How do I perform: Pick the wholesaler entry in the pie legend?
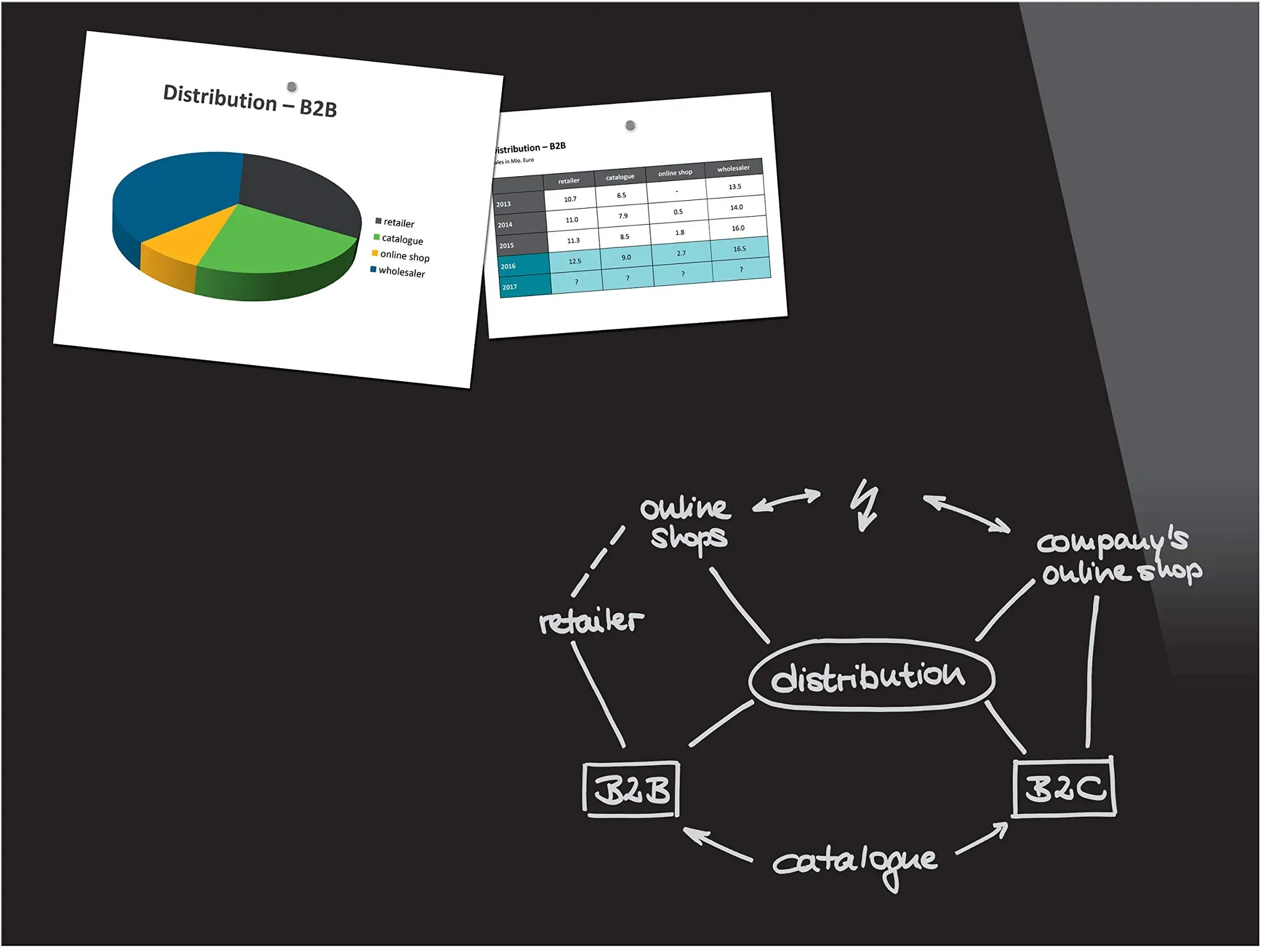pyautogui.click(x=398, y=272)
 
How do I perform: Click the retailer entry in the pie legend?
pyautogui.click(x=395, y=222)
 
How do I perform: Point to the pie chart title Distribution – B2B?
pyautogui.click(x=250, y=101)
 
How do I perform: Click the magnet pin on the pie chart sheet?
pyautogui.click(x=292, y=87)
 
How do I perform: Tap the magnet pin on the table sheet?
pyautogui.click(x=630, y=126)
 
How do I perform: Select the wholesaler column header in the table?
pyautogui.click(x=733, y=168)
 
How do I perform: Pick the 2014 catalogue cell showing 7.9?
pyautogui.click(x=623, y=216)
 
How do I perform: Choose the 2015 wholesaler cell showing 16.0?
pyautogui.click(x=738, y=228)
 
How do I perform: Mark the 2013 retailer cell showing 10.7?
pyautogui.click(x=570, y=199)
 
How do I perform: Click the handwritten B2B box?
pyautogui.click(x=631, y=790)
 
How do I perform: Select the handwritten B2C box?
pyautogui.click(x=1065, y=787)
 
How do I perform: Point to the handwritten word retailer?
pyautogui.click(x=591, y=621)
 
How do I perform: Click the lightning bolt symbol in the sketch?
pyautogui.click(x=865, y=505)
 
